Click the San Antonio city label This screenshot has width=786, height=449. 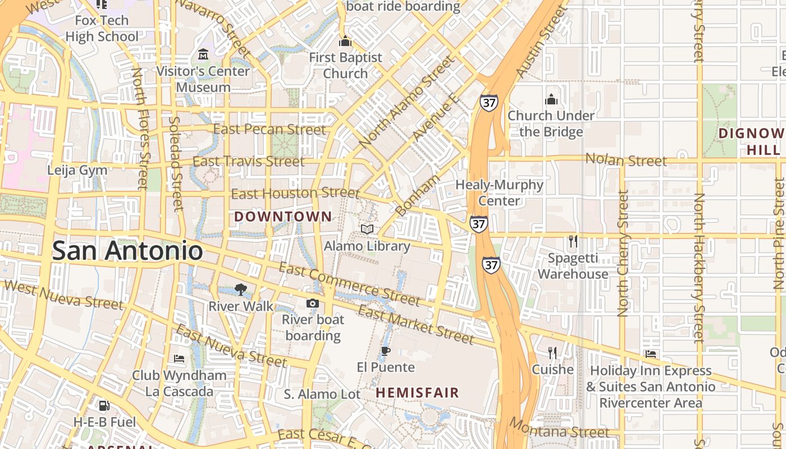(127, 250)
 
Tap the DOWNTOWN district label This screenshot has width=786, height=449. (283, 217)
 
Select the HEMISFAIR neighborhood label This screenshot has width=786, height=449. (417, 393)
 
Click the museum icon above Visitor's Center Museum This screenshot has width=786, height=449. (203, 54)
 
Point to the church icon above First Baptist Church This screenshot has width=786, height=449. (345, 41)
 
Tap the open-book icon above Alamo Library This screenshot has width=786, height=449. (367, 229)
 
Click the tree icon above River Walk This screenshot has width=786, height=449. (241, 290)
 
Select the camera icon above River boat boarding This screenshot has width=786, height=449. (313, 303)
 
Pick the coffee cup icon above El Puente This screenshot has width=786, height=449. (386, 351)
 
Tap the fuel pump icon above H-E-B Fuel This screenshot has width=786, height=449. (104, 405)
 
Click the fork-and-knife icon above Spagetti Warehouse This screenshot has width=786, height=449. (573, 241)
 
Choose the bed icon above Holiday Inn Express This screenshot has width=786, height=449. (651, 354)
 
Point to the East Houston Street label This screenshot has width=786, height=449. (295, 194)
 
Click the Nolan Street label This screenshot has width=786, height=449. (626, 160)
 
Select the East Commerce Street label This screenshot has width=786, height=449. (349, 285)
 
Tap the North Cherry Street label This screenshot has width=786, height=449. (623, 253)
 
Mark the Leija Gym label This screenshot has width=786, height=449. (77, 170)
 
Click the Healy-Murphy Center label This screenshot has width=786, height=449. (499, 193)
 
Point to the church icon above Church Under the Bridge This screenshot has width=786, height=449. (551, 99)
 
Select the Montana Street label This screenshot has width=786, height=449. (559, 429)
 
